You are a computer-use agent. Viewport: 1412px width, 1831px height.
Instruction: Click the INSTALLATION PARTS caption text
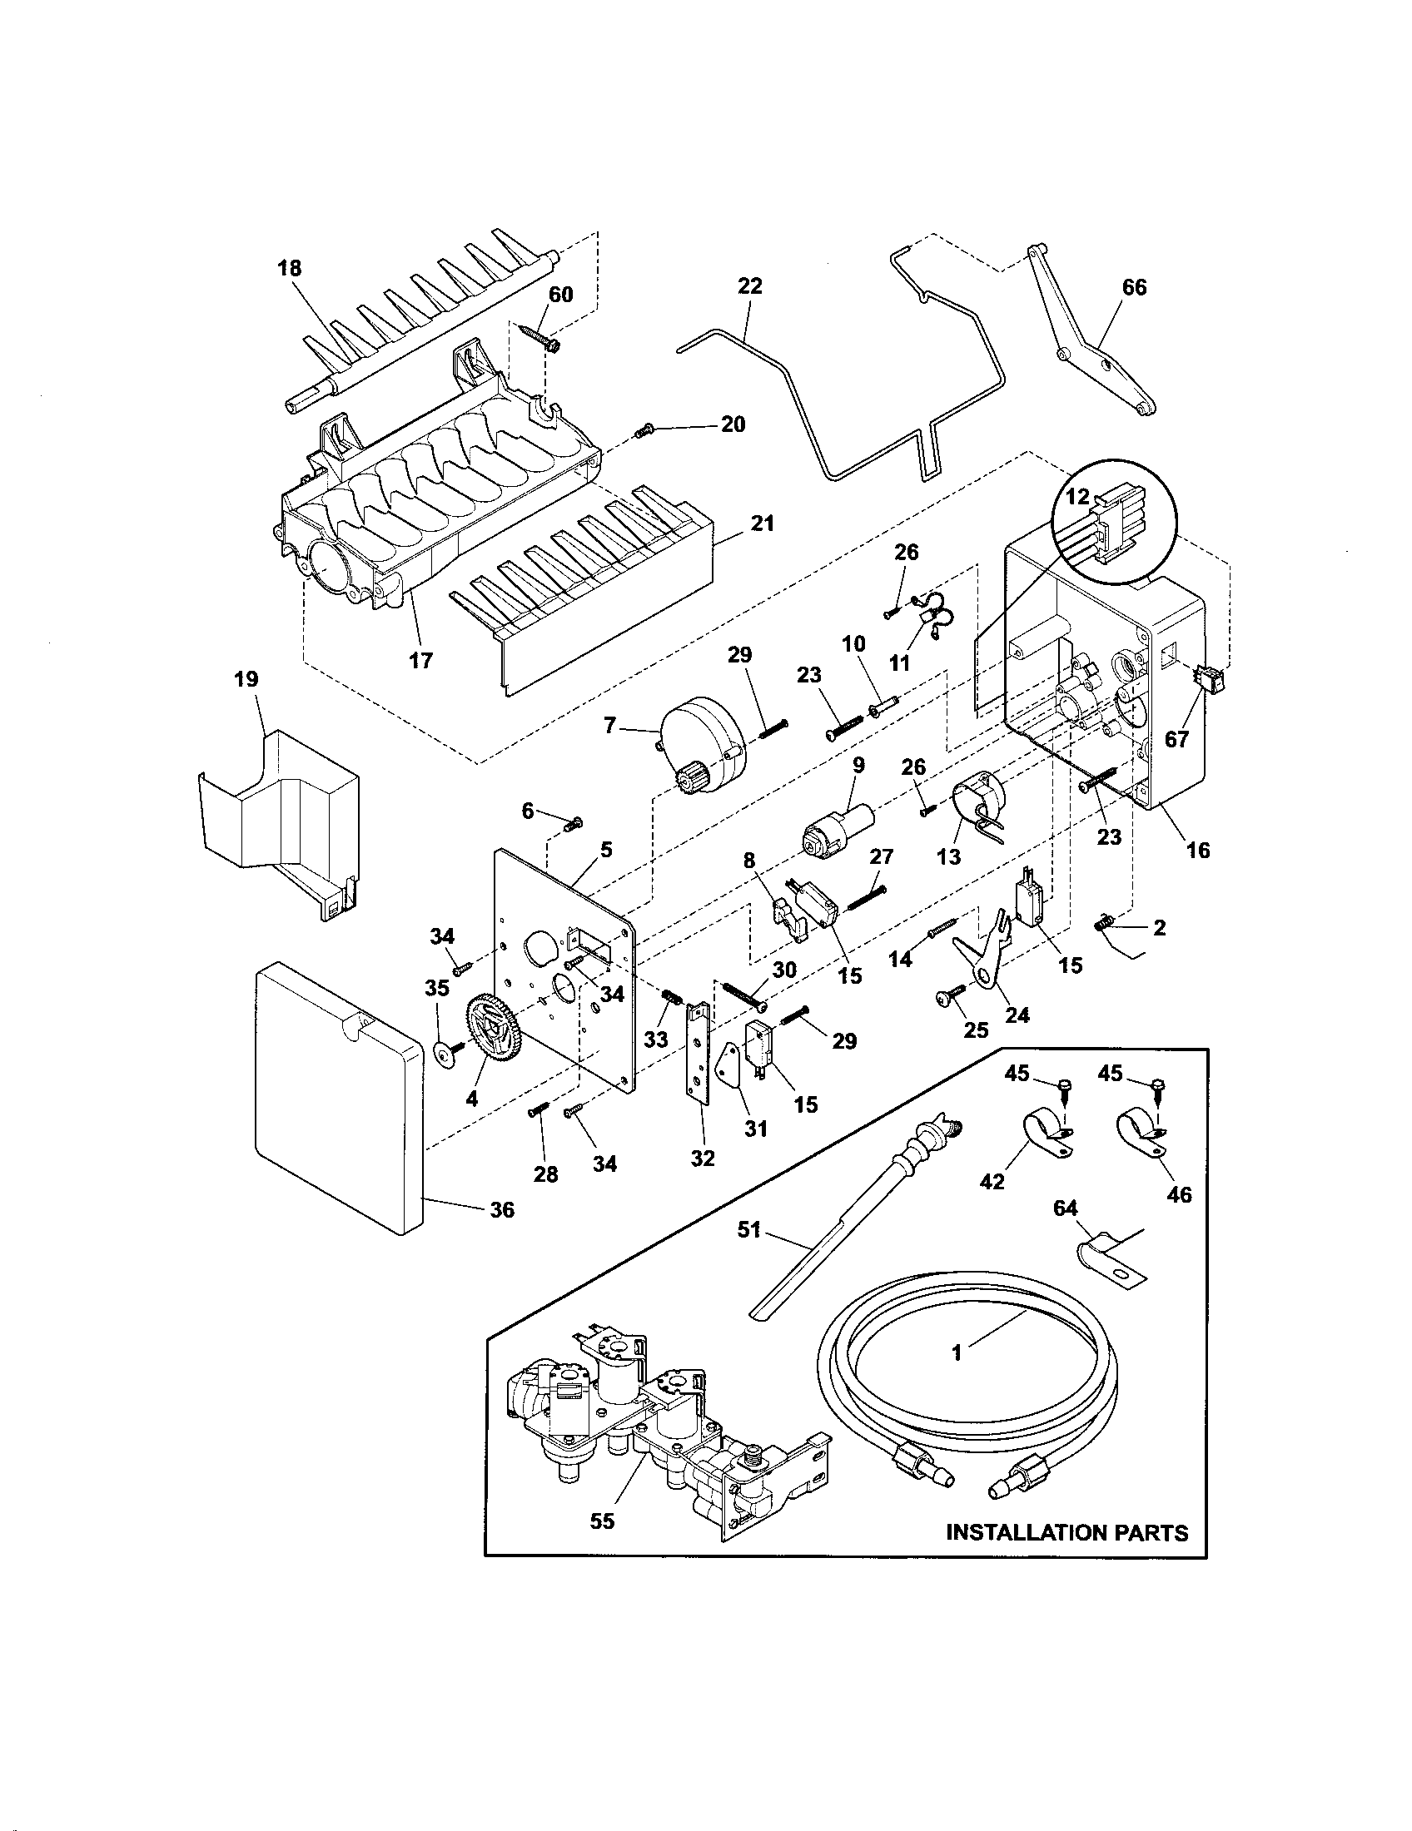[x=1066, y=1532]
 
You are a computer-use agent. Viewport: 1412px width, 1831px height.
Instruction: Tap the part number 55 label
[x=602, y=1521]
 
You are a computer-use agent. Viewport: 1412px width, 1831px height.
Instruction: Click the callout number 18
[x=289, y=268]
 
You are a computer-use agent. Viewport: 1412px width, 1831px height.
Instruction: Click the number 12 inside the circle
[x=1077, y=497]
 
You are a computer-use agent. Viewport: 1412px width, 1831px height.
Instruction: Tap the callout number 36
[x=501, y=1209]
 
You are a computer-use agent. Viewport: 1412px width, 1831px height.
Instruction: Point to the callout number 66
[x=1134, y=288]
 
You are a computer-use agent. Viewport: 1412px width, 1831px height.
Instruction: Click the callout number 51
[x=748, y=1229]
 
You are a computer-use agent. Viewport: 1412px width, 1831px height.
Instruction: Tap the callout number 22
[x=749, y=285]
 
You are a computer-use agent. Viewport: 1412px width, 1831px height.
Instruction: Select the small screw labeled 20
[x=644, y=431]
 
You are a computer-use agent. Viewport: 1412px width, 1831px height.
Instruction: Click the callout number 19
[x=246, y=678]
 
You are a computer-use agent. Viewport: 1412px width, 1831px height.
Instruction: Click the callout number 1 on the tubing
[x=957, y=1352]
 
